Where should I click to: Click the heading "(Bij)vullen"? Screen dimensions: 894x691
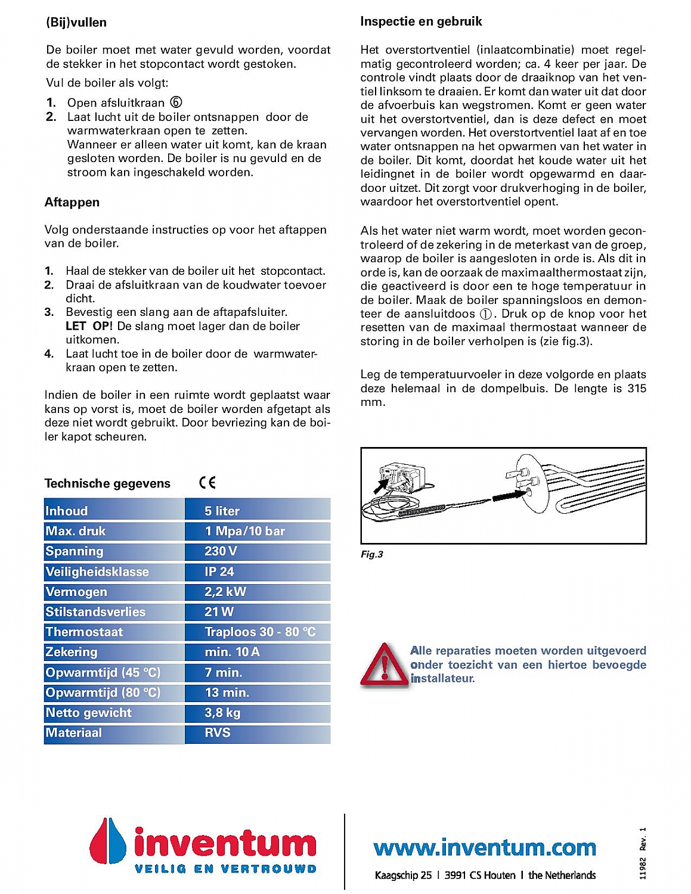point(76,23)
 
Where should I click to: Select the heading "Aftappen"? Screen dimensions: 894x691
point(72,203)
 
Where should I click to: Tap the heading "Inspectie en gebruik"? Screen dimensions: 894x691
point(421,21)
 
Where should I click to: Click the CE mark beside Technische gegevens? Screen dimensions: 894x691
point(207,483)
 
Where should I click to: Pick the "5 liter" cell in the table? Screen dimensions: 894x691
point(222,511)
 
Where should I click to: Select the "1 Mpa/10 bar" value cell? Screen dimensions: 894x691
point(245,531)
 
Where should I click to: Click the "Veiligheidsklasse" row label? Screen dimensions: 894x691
point(97,572)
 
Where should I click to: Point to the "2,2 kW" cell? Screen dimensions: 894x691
point(225,592)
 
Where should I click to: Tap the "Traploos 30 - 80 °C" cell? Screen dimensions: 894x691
point(260,632)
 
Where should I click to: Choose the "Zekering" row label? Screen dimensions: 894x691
point(72,652)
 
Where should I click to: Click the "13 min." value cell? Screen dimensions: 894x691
point(227,693)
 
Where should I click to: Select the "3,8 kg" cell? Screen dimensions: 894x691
point(222,713)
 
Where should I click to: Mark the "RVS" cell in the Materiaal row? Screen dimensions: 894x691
point(218,733)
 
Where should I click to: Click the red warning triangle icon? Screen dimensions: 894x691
point(385,666)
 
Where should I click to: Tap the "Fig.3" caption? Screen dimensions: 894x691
point(372,554)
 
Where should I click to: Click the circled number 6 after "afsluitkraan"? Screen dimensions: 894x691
point(176,103)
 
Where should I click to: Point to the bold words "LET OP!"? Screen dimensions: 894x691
point(89,326)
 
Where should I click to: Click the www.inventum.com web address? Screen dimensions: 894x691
point(485,847)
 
